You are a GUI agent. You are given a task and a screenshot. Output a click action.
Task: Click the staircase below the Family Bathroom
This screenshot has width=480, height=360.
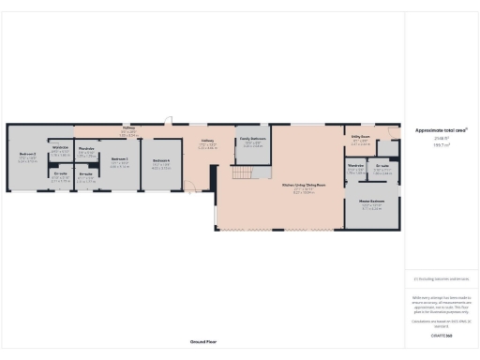pos(247,174)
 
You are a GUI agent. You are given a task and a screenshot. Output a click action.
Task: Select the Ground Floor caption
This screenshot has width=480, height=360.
pos(204,342)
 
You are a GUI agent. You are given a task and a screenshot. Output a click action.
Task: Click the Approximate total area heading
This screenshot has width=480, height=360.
pos(441,130)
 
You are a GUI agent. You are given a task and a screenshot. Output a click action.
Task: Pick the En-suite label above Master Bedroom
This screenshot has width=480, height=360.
pos(382,167)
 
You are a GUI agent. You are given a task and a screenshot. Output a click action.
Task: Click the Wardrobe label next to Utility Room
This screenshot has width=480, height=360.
pos(356,169)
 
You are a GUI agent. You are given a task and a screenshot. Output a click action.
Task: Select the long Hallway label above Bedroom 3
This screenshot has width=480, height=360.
pos(129,128)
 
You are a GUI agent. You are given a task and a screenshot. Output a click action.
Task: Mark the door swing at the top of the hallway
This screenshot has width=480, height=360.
pos(170,121)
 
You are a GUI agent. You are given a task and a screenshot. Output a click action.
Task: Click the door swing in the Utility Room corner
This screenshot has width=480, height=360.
pos(392,133)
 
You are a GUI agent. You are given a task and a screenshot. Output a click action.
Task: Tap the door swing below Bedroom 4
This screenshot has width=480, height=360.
pos(194,189)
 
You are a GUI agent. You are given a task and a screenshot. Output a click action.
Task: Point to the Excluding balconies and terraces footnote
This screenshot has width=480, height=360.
pos(441,278)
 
